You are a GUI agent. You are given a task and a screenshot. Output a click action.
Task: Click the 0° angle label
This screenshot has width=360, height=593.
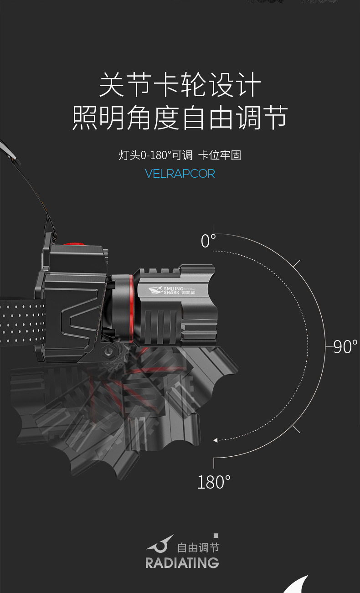click(x=208, y=241)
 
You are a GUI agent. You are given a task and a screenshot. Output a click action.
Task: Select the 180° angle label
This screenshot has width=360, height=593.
click(x=214, y=482)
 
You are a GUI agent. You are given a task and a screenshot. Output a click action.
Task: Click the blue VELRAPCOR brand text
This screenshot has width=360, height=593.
click(x=180, y=174)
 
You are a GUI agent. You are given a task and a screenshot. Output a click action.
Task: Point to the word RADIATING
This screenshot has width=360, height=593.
click(x=182, y=562)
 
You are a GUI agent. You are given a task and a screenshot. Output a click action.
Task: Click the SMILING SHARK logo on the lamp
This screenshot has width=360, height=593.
click(x=166, y=290)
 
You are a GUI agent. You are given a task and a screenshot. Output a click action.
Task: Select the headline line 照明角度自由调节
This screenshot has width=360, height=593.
click(x=180, y=118)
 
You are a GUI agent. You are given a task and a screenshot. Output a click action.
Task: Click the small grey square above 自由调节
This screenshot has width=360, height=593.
click(x=216, y=536)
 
